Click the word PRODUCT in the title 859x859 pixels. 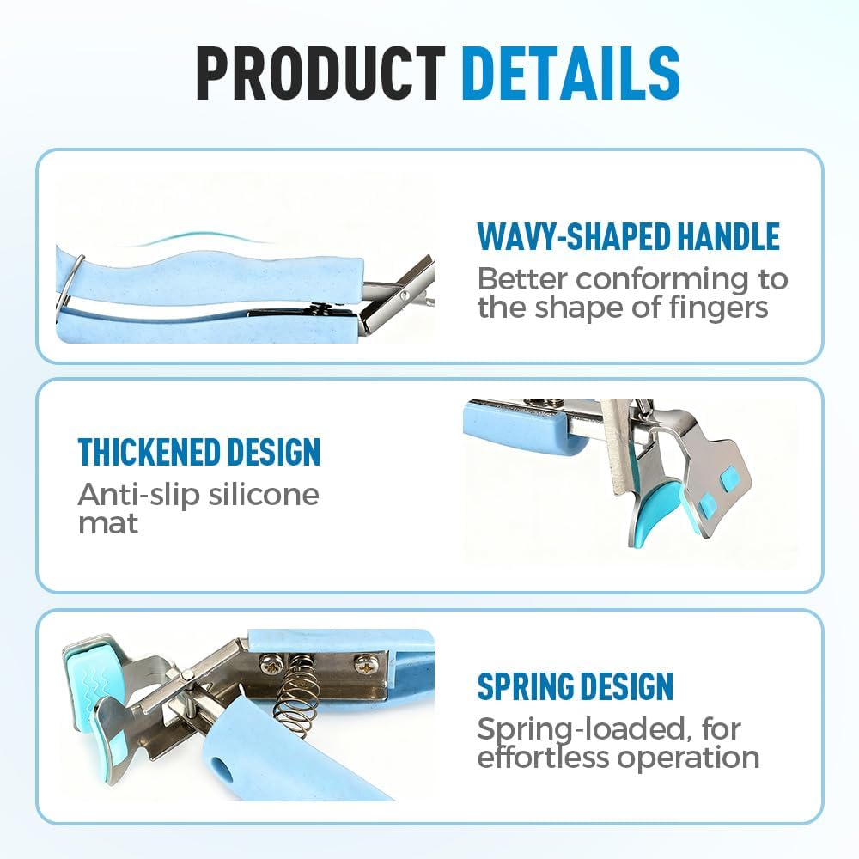[321, 73]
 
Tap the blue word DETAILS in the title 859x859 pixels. [571, 73]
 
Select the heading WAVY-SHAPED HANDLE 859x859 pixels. [629, 236]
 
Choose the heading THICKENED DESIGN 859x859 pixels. [199, 452]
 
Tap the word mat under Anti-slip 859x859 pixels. [108, 523]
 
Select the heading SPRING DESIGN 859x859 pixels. [576, 685]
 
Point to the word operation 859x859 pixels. [689, 759]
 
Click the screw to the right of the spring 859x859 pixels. [363, 665]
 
